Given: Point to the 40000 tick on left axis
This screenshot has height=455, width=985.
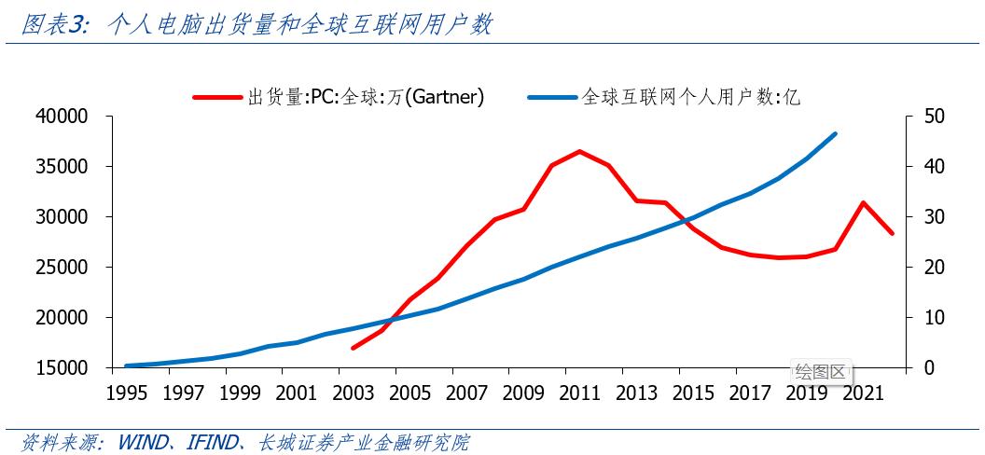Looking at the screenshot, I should click(62, 117).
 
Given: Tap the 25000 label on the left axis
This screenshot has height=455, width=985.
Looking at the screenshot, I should click(62, 268).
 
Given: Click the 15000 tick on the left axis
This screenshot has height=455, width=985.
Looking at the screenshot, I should click(62, 368).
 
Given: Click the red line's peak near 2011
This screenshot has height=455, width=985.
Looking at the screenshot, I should click(579, 151).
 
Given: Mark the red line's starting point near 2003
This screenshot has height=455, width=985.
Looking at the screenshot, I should click(354, 348).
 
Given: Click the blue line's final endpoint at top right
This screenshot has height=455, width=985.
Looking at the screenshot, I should click(835, 134).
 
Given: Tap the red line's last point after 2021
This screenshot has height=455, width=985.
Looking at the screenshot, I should click(892, 233).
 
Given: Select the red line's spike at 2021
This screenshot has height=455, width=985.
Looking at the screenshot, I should click(863, 202).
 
